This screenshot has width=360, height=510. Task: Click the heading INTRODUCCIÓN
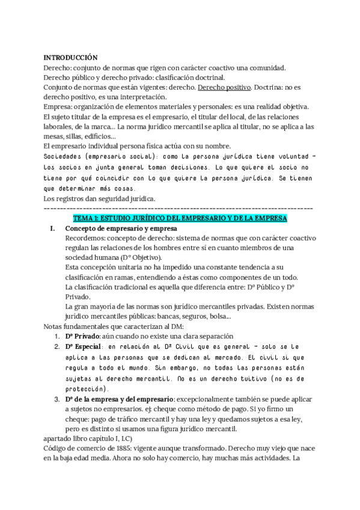tap(71, 57)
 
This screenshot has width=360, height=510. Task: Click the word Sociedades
tap(66, 156)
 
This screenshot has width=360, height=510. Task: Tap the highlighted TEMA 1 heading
tap(180, 217)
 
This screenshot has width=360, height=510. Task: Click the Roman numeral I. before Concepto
tap(52, 229)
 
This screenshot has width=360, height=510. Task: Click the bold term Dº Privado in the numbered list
tap(83, 336)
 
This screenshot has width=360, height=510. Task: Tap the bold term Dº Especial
tap(84, 347)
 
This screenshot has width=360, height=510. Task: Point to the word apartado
tap(59, 438)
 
